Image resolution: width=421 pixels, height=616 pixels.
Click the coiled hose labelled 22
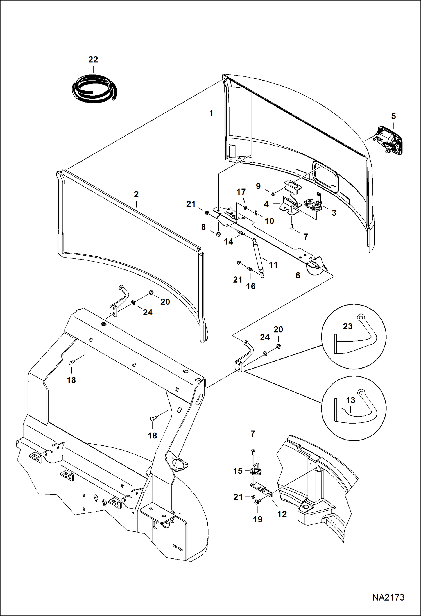pyautogui.click(x=94, y=88)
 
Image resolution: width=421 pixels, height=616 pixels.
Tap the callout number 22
pyautogui.click(x=93, y=60)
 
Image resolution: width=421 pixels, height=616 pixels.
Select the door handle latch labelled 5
pyautogui.click(x=389, y=141)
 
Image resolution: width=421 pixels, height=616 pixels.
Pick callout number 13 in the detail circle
pyautogui.click(x=350, y=400)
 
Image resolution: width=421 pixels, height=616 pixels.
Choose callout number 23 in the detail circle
pyautogui.click(x=348, y=326)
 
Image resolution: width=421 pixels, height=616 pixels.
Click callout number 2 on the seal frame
pyautogui.click(x=136, y=194)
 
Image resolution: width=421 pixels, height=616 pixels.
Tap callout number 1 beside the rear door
pyautogui.click(x=211, y=113)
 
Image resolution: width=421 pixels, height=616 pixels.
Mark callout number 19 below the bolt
pyautogui.click(x=258, y=519)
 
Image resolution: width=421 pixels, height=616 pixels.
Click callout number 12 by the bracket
pyautogui.click(x=282, y=514)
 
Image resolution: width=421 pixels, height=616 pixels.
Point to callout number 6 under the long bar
pyautogui.click(x=298, y=275)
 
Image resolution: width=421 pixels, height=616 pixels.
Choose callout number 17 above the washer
pyautogui.click(x=241, y=192)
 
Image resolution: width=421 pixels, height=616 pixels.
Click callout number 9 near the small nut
pyautogui.click(x=258, y=186)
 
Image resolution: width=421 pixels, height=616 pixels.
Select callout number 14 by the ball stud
pyautogui.click(x=228, y=242)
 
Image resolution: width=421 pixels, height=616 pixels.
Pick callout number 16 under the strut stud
pyautogui.click(x=251, y=286)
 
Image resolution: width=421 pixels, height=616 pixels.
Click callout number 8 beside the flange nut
pyautogui.click(x=203, y=227)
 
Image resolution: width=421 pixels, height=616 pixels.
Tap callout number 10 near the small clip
pyautogui.click(x=269, y=221)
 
